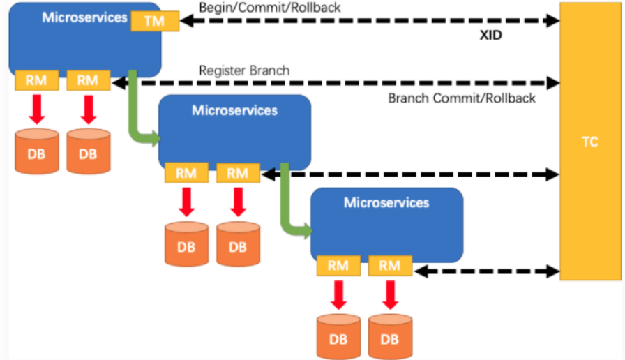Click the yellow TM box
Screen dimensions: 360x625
point(154,21)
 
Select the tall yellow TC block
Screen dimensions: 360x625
point(589,141)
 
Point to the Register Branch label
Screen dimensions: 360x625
point(244,70)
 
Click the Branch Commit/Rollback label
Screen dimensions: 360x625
point(462,98)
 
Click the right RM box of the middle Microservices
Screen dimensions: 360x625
point(238,173)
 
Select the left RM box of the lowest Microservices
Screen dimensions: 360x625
point(338,265)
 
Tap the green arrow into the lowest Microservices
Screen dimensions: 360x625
point(287,209)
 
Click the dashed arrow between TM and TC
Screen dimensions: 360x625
point(370,21)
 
